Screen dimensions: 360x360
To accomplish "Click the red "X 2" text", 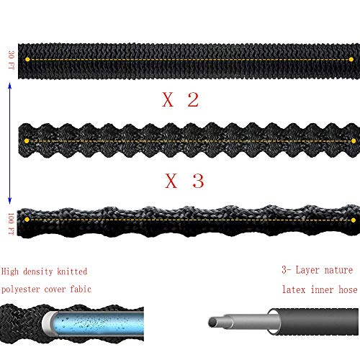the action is (x=181, y=99).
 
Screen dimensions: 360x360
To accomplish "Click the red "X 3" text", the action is (x=184, y=181).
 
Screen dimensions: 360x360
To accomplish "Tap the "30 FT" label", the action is (x=12, y=60).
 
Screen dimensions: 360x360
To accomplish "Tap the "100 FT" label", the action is (x=12, y=224).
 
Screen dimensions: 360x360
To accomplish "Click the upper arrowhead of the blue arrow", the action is (x=10, y=85).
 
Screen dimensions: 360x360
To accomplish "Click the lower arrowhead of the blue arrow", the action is (x=10, y=201).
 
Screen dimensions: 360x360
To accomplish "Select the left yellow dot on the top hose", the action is (x=27, y=59).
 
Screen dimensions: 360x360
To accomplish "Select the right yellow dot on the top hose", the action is (x=351, y=59).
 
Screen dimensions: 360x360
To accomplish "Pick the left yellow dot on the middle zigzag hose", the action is (x=27, y=141).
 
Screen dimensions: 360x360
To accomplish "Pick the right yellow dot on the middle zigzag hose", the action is (x=354, y=141).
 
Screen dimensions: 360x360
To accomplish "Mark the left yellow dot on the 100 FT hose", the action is (x=27, y=220).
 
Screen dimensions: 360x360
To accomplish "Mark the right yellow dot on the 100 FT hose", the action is (x=354, y=220).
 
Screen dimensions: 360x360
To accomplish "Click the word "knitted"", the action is (x=72, y=271).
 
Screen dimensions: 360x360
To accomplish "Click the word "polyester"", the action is (x=20, y=289).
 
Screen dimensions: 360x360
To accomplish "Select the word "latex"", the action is (x=294, y=289).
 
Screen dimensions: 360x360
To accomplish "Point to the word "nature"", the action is (x=338, y=271).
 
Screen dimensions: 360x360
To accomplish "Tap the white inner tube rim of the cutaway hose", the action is (x=48, y=323).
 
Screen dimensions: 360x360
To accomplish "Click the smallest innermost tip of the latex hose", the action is (x=212, y=322).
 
